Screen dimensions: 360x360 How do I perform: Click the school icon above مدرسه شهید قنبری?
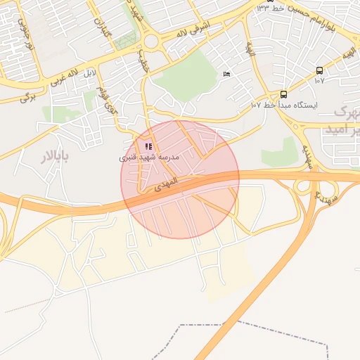148,146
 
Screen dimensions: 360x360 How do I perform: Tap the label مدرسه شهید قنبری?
149,157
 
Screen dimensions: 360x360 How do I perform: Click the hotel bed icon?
226,74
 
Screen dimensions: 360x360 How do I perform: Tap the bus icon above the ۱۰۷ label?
319,70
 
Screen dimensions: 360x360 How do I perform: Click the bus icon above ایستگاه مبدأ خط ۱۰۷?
283,94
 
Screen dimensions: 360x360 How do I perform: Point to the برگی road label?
27,97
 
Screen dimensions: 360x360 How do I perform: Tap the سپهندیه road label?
307,157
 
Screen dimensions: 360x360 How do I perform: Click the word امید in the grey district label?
336,130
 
